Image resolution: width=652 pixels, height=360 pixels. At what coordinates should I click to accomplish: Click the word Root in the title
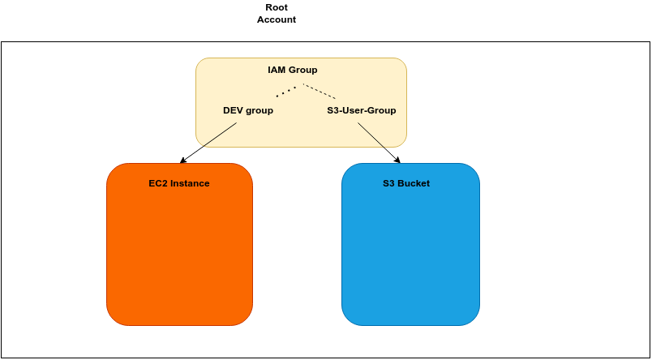(x=277, y=7)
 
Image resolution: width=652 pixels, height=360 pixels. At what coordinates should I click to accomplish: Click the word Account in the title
(x=277, y=19)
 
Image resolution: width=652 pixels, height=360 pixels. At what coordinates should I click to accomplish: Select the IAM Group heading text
(x=293, y=70)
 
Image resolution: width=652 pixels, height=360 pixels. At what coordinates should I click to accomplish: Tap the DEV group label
(x=248, y=110)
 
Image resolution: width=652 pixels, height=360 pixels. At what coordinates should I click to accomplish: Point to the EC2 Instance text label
(x=179, y=183)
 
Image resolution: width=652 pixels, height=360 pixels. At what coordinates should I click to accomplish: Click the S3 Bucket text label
(x=406, y=183)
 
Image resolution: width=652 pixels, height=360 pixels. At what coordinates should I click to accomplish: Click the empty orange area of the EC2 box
(x=179, y=259)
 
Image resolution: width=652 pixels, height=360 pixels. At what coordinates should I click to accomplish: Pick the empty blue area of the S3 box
(x=410, y=259)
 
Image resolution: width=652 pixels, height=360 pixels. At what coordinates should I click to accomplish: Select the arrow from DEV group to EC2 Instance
(x=209, y=143)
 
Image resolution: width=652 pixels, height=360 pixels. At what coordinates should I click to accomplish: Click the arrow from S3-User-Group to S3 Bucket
(x=379, y=143)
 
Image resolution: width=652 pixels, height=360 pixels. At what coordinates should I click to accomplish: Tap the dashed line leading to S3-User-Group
(x=320, y=91)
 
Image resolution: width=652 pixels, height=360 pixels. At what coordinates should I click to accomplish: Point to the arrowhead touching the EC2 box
(x=183, y=161)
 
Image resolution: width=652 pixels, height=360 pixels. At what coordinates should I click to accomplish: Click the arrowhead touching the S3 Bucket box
(x=397, y=160)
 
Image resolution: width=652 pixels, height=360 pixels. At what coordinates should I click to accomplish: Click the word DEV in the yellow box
(x=234, y=110)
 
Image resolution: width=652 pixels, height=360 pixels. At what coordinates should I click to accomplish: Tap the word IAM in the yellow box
(x=277, y=70)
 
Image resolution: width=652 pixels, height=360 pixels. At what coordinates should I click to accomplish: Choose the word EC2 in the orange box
(x=157, y=183)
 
